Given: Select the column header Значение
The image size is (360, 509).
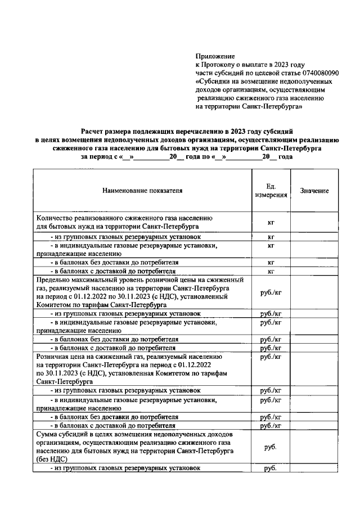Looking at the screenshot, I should click(x=314, y=191).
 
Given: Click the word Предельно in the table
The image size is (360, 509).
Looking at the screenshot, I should click(x=52, y=280).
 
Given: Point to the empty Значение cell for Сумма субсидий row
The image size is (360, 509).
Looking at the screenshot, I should click(x=314, y=447).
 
